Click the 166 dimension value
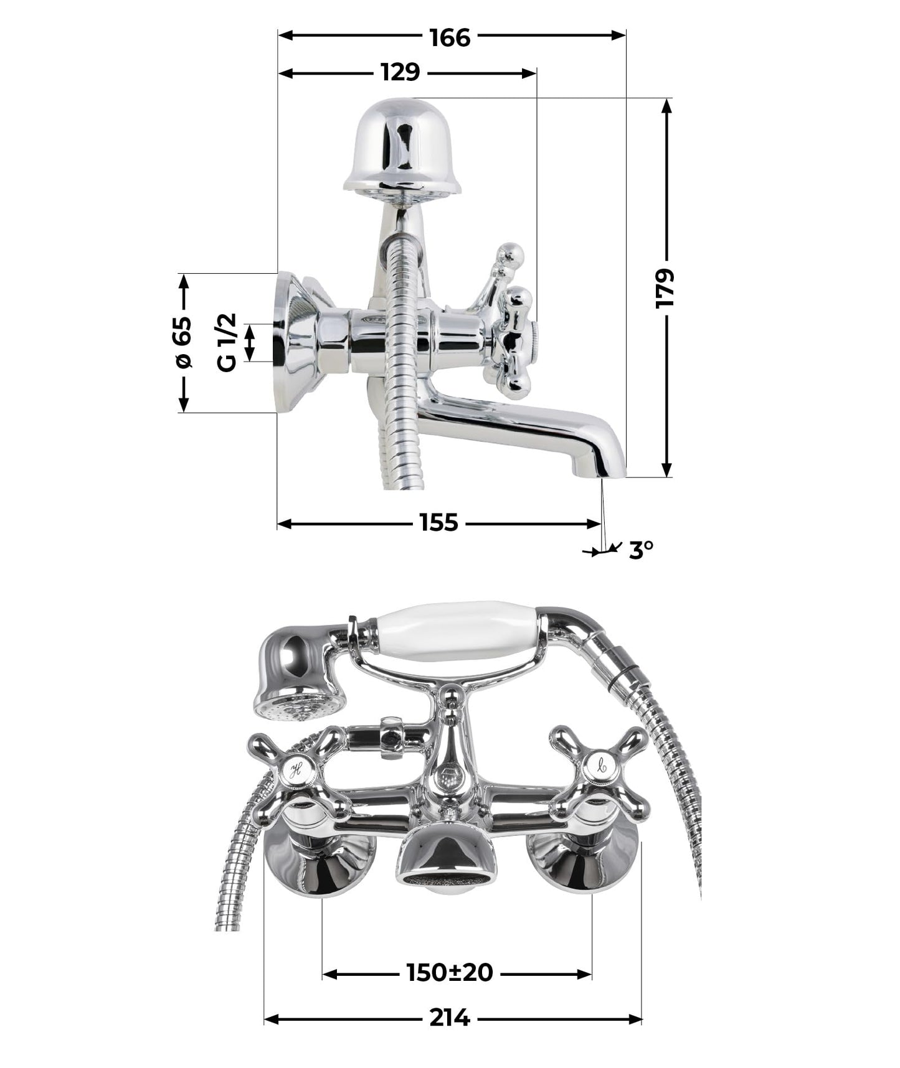(450, 37)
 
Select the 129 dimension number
(400, 73)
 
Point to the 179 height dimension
(666, 287)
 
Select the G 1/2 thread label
(228, 342)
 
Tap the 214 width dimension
(449, 1018)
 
